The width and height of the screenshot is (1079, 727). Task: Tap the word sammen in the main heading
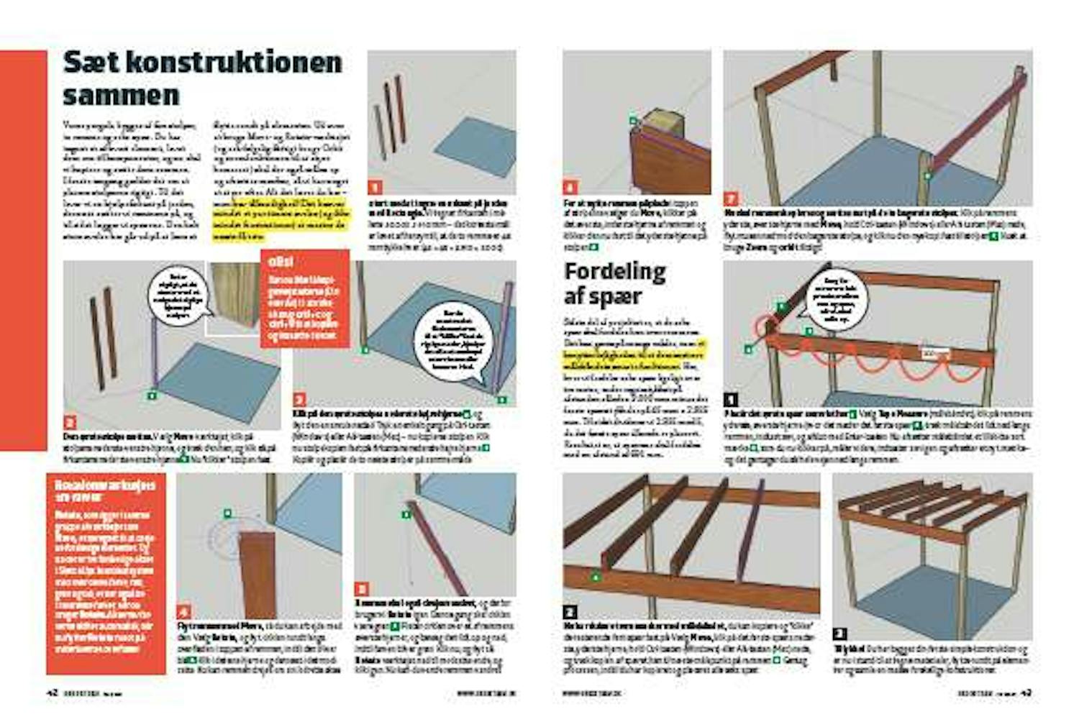click(121, 95)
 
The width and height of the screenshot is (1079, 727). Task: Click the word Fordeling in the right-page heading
click(614, 272)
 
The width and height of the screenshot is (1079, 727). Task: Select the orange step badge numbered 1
click(374, 188)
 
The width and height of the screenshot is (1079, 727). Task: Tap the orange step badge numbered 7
click(731, 198)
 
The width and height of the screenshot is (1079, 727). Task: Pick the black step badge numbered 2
click(569, 612)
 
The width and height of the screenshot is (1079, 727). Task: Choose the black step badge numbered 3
click(839, 634)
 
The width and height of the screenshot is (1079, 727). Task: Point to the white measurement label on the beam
click(935, 354)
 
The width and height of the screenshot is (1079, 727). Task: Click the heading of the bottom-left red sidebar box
click(104, 490)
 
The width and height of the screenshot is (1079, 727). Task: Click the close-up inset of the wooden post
click(235, 297)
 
